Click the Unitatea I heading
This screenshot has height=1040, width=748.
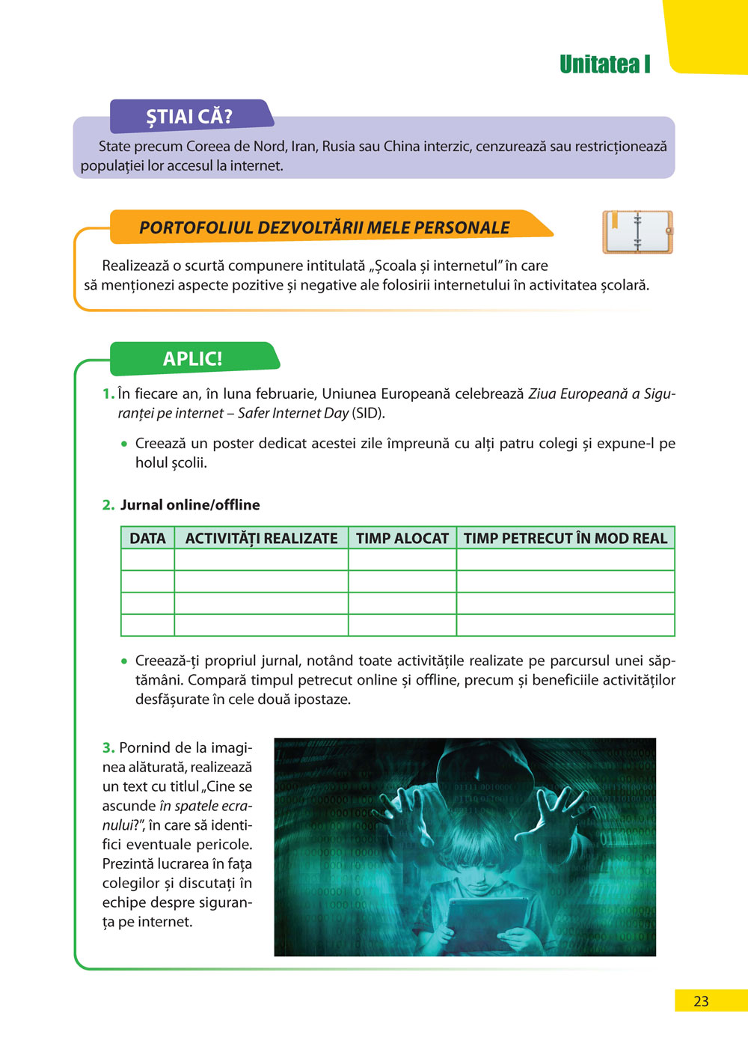click(604, 65)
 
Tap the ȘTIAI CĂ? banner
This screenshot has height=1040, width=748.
click(189, 117)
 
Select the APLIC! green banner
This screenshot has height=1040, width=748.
click(193, 359)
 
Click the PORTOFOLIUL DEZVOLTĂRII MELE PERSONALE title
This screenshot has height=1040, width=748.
click(325, 228)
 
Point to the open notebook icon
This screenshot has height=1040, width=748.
click(637, 232)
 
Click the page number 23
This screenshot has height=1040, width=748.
click(701, 1001)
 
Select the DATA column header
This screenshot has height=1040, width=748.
click(147, 539)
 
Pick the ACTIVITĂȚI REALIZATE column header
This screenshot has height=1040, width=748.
click(261, 539)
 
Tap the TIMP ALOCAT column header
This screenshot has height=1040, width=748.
click(402, 539)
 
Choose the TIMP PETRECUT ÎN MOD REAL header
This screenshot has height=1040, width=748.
click(565, 539)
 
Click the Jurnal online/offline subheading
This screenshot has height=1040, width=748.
click(190, 505)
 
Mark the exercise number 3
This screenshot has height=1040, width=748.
click(108, 747)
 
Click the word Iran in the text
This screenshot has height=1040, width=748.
click(303, 147)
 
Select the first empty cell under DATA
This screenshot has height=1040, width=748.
click(147, 560)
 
